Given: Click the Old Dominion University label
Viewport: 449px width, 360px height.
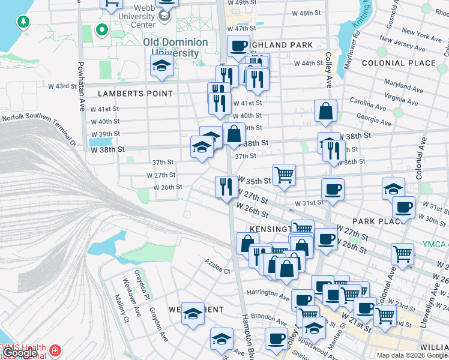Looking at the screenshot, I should pyautogui.click(x=175, y=47).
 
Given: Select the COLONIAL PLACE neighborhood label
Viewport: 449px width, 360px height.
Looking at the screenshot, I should pyautogui.click(x=399, y=62).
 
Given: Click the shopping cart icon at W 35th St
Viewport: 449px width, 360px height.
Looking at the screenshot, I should pyautogui.click(x=284, y=175).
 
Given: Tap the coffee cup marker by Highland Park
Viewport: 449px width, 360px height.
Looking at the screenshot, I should pyautogui.click(x=238, y=46).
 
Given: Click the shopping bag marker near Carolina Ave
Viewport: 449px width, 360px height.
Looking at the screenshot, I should pyautogui.click(x=325, y=111).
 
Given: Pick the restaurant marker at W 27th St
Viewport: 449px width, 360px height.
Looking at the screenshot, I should pyautogui.click(x=226, y=187).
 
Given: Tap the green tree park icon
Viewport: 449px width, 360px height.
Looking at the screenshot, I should pyautogui.click(x=23, y=22).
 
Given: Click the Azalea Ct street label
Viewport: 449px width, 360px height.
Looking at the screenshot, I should pyautogui.click(x=217, y=271).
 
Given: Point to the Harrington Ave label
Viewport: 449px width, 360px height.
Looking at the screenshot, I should pyautogui.click(x=269, y=293).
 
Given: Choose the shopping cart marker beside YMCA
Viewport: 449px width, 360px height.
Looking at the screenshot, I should pyautogui.click(x=402, y=253).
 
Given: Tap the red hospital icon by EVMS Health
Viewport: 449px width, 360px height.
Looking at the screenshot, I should pyautogui.click(x=55, y=350).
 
